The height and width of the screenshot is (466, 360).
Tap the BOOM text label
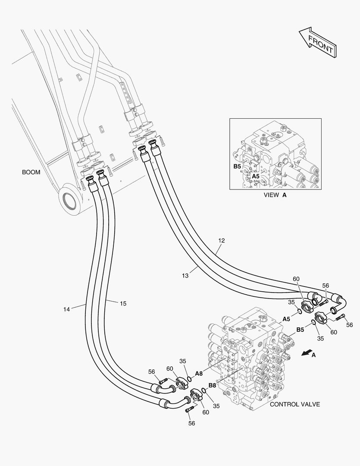click(x=31, y=172)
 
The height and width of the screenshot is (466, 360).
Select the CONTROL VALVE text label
click(x=295, y=404)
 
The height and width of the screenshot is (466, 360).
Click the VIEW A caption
click(x=275, y=195)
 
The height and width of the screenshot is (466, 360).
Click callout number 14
click(x=66, y=309)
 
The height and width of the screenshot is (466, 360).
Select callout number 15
click(x=123, y=304)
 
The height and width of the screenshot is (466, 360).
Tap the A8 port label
click(x=199, y=374)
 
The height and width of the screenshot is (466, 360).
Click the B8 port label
click(x=213, y=385)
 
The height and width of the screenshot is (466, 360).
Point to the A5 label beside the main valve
click(x=286, y=319)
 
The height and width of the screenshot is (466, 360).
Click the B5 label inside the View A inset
click(x=237, y=166)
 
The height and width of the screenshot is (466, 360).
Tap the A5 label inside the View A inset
click(x=256, y=176)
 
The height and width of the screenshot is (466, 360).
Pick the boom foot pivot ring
click(x=69, y=199)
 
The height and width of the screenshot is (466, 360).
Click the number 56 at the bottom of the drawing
click(x=191, y=423)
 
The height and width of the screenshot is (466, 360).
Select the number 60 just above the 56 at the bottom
click(x=206, y=412)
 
